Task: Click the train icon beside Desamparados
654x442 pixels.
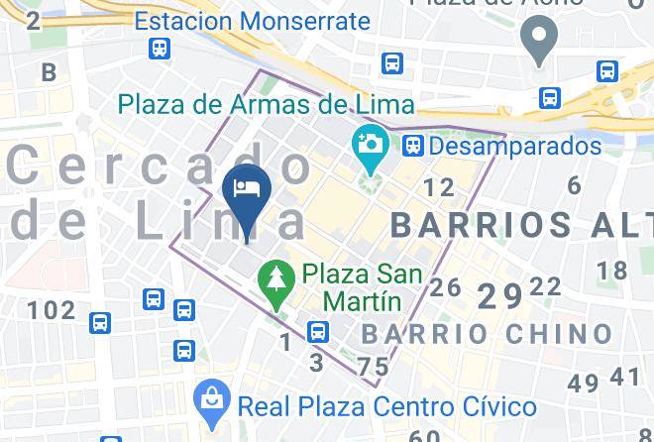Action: click(x=413, y=147)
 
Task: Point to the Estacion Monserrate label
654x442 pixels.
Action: click(x=252, y=20)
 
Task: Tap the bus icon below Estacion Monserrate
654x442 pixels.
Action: click(x=159, y=48)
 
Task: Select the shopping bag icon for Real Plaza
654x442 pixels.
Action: click(x=210, y=401)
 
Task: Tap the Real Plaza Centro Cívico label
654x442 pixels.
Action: click(x=387, y=405)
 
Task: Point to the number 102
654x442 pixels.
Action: click(x=51, y=311)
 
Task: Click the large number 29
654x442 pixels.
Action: click(x=499, y=296)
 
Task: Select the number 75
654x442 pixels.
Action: click(x=374, y=368)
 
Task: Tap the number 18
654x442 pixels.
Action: click(x=612, y=271)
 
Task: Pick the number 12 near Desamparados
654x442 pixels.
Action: click(x=438, y=187)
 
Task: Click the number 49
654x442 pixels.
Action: click(x=585, y=383)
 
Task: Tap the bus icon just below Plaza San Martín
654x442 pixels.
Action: click(x=318, y=331)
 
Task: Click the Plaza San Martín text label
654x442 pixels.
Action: click(x=363, y=285)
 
